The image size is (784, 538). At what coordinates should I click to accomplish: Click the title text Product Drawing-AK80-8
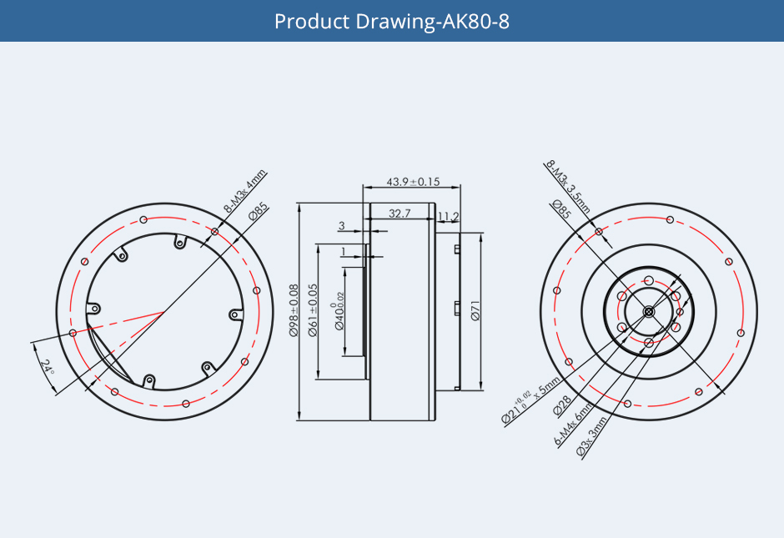coord(391,21)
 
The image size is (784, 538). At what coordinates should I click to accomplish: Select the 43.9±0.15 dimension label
coord(413,182)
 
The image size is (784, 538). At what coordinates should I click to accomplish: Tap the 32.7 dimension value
coord(400,214)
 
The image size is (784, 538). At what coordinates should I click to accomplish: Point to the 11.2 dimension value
coord(448,217)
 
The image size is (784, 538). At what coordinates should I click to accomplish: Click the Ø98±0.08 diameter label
coord(294,310)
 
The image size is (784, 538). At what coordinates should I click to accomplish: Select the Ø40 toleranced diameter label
coord(340,310)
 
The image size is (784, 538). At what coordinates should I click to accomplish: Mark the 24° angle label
coord(47,368)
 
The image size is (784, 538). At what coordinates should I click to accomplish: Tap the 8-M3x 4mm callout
coord(244,191)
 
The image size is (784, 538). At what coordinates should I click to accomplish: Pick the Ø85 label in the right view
coord(560,210)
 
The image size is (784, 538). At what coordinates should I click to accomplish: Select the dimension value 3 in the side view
coord(341,226)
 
